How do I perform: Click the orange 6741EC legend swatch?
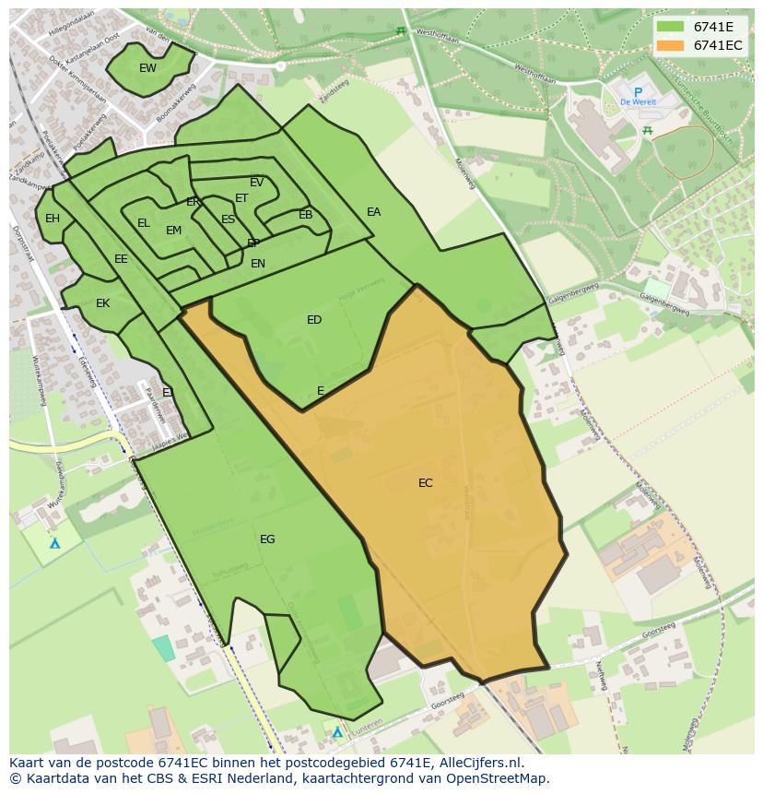click(x=671, y=45)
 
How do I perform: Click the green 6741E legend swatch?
click(x=671, y=27)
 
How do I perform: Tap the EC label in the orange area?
click(x=425, y=483)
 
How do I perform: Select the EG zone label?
click(x=267, y=539)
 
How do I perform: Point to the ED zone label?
click(x=314, y=320)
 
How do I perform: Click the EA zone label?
click(x=373, y=212)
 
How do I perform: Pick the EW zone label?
click(x=147, y=68)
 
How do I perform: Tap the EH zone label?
click(x=53, y=219)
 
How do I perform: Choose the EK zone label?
click(x=103, y=303)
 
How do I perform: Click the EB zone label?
click(x=306, y=215)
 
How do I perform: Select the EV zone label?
click(x=257, y=183)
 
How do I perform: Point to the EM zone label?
click(x=173, y=231)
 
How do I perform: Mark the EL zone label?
click(x=144, y=223)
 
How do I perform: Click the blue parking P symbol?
click(x=637, y=91)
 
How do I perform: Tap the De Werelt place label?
click(x=638, y=102)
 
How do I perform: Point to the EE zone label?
click(x=121, y=259)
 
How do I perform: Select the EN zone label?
click(x=258, y=264)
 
